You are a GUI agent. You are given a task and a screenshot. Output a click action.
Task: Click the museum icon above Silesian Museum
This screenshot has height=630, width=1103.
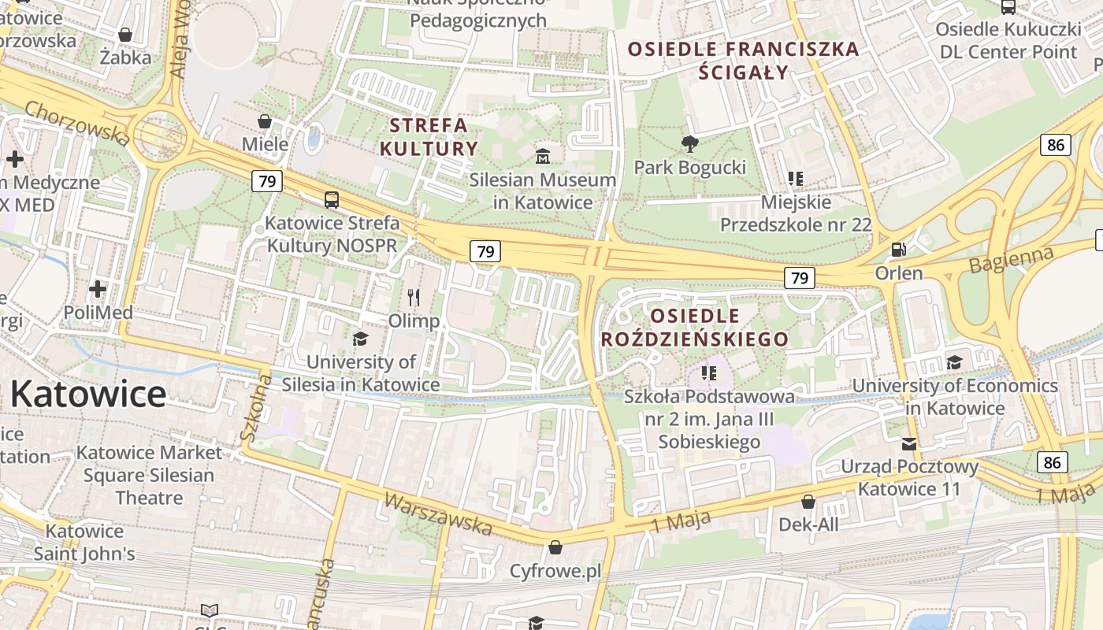click(543, 156)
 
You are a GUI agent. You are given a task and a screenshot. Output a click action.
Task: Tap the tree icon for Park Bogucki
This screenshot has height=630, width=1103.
click(690, 143)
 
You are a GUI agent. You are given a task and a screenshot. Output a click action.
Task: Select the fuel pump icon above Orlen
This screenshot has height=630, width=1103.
click(897, 250)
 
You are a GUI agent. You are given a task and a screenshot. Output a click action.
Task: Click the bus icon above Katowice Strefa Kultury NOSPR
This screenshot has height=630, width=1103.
click(332, 200)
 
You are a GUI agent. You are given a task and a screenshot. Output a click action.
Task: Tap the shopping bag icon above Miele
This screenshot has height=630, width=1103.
click(265, 121)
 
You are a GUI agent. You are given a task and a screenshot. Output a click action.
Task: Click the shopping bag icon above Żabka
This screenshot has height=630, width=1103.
click(124, 35)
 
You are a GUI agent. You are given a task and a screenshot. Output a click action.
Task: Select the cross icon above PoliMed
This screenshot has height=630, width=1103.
click(98, 289)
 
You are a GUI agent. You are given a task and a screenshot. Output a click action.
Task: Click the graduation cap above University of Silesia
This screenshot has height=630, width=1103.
click(361, 339)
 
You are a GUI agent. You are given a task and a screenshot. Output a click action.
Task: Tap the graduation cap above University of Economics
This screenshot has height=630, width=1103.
click(954, 362)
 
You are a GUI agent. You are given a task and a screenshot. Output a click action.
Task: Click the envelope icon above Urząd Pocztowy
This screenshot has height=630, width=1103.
click(909, 443)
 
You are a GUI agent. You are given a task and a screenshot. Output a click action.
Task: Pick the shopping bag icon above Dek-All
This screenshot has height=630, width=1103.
click(808, 502)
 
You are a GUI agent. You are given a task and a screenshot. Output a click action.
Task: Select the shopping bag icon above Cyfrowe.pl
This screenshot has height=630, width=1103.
click(555, 547)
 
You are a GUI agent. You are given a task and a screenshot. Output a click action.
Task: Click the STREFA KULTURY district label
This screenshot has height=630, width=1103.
click(429, 137)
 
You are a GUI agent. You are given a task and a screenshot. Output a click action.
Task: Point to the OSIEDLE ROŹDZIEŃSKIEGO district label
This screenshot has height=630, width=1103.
click(694, 328)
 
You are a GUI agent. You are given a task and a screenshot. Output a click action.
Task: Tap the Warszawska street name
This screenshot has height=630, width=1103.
click(439, 514)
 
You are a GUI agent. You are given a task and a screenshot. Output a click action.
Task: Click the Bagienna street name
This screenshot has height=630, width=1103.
click(1012, 260)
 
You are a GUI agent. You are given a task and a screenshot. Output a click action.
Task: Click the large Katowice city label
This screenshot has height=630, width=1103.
click(88, 394)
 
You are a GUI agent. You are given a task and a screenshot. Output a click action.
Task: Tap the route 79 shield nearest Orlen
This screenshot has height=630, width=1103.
click(799, 277)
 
